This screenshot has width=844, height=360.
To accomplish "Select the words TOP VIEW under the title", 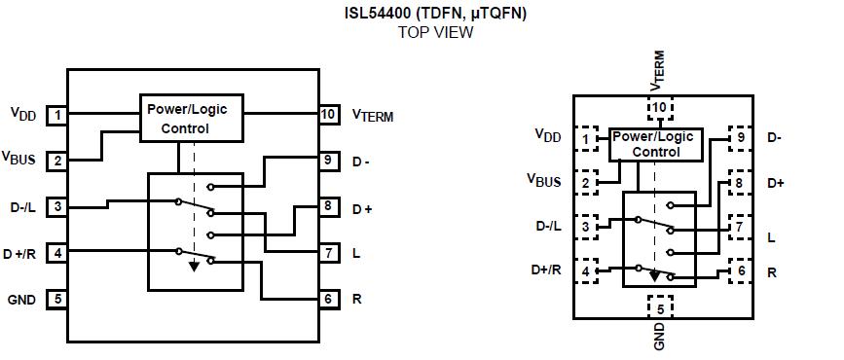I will point(435,32).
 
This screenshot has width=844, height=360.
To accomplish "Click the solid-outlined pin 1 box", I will point(57,116).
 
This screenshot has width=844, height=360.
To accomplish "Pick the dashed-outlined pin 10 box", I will point(661,107).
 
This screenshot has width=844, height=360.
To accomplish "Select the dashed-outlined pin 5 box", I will point(661,309).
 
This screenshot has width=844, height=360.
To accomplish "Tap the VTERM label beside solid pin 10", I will point(373,116).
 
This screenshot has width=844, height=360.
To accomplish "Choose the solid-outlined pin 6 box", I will point(328,299).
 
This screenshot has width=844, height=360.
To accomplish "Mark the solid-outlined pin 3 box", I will point(57,206).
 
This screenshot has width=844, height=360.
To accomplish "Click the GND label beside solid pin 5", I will point(21,299).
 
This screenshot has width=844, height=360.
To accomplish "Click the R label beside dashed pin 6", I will point(772,272).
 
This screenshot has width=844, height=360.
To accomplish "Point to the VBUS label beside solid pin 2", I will point(22,158).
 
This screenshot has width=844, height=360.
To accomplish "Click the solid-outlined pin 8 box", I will point(328,207).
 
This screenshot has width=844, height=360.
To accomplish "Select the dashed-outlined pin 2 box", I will point(585,182).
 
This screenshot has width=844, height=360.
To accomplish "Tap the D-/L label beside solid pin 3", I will point(22,206).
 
